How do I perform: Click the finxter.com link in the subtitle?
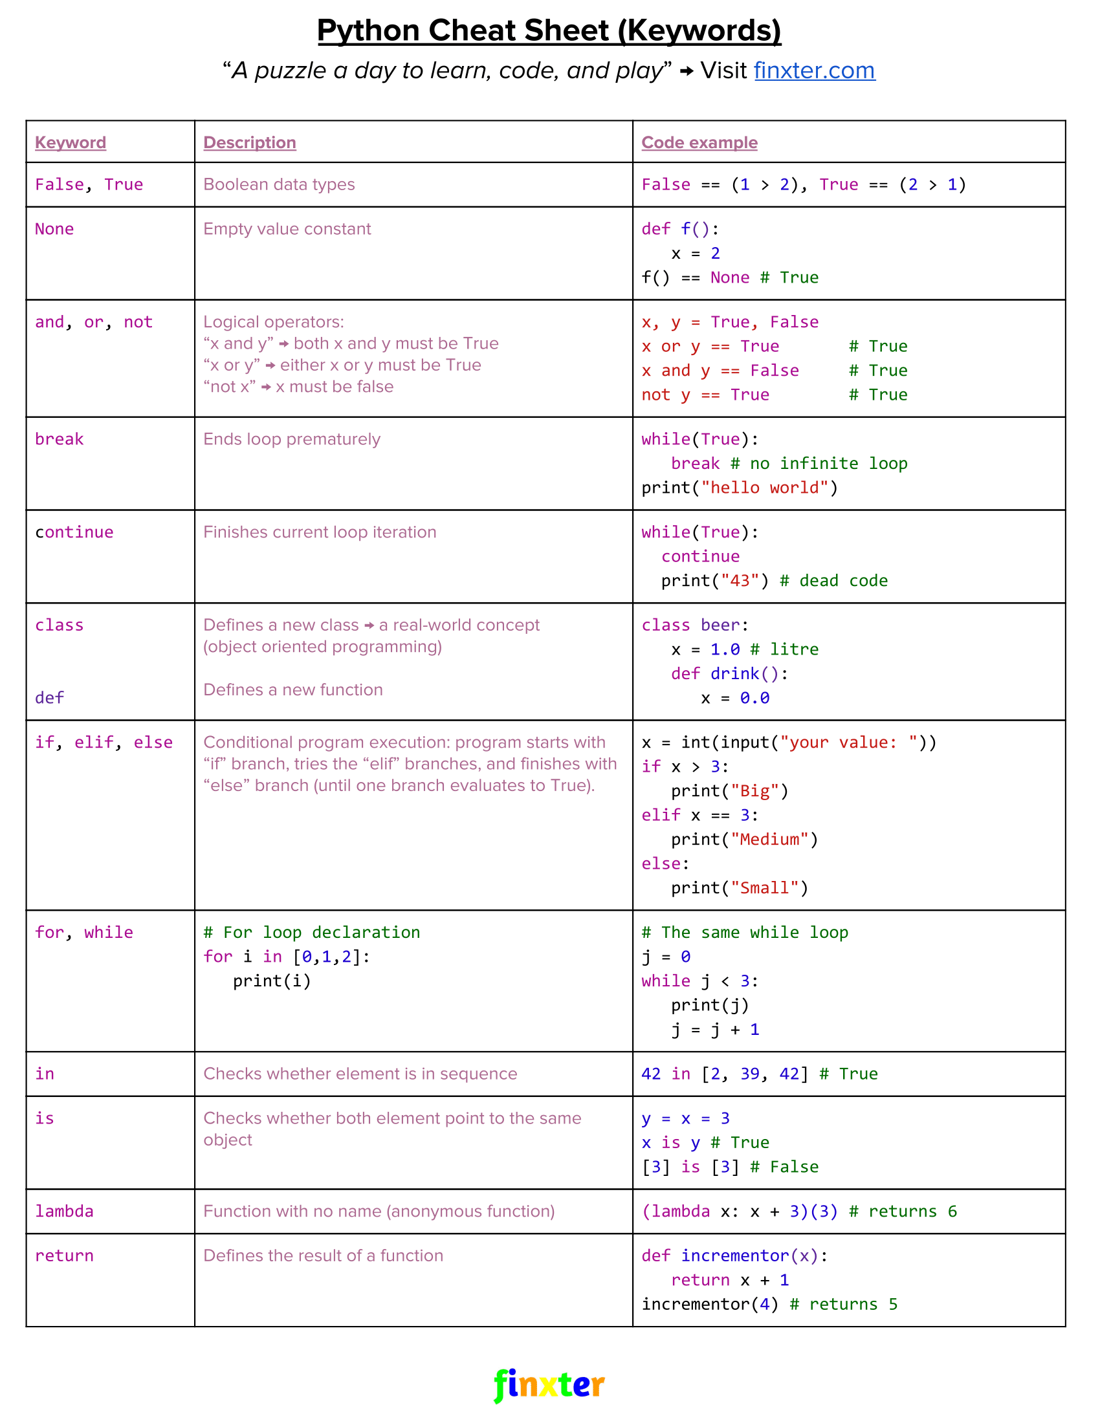[x=814, y=71]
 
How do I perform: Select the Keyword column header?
[x=71, y=143]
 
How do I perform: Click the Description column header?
[x=250, y=143]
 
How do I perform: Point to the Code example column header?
[x=699, y=143]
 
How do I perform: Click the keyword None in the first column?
[x=54, y=230]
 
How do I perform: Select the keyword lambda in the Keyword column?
[x=64, y=1211]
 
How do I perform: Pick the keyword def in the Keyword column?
[x=50, y=698]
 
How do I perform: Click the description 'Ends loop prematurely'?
[x=291, y=439]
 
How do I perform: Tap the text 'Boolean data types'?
[x=279, y=184]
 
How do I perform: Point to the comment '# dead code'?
[x=833, y=581]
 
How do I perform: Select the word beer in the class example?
[x=720, y=625]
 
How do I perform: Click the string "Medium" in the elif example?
[x=769, y=839]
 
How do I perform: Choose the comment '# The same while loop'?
[x=744, y=932]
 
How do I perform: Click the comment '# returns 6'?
[x=903, y=1211]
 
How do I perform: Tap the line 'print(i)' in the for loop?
[x=272, y=981]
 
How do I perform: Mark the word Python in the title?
[x=368, y=30]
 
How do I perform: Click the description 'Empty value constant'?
[x=287, y=230]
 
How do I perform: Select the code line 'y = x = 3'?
[x=685, y=1119]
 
